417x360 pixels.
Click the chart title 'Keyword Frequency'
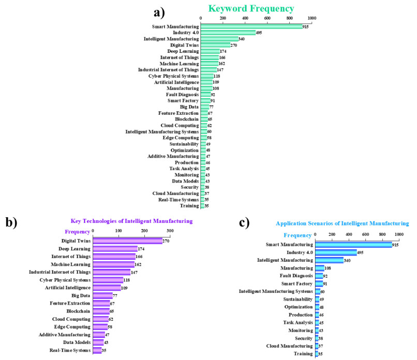tap(251, 8)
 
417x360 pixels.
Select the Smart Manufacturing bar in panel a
tap(251, 26)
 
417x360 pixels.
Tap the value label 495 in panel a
tap(259, 33)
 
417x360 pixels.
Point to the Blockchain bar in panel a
tap(204, 119)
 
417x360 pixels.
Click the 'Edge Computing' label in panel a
tap(179, 138)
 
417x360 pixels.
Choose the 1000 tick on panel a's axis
tap(311, 18)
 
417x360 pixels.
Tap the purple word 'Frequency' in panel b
tap(77, 231)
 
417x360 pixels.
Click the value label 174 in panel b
tap(141, 249)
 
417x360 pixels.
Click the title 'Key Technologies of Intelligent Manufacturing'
tap(131, 221)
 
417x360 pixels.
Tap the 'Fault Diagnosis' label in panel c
tap(295, 276)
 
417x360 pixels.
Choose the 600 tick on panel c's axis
tap(365, 235)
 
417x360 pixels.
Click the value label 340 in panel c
tap(348, 260)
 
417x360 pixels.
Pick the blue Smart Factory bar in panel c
tap(318, 283)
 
